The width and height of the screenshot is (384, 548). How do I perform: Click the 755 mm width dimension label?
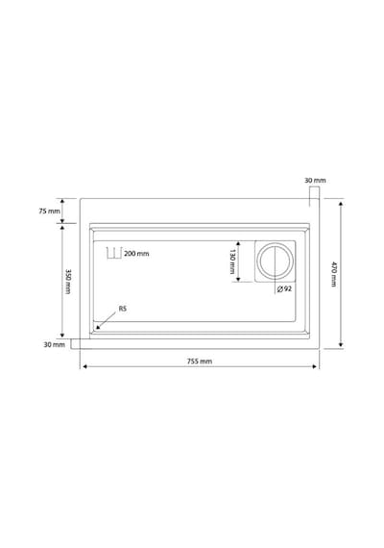coord(200,361)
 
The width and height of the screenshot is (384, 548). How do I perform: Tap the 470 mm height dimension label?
coord(334,274)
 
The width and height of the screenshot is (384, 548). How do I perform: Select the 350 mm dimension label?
coord(68,281)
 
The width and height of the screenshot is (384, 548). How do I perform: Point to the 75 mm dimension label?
coord(49,212)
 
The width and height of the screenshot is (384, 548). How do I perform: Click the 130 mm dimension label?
coord(232,262)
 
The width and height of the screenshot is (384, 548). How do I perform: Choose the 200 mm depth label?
coord(136,254)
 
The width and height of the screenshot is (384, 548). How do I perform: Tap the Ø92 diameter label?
coord(284,289)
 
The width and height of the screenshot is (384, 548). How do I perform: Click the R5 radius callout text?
coord(123,309)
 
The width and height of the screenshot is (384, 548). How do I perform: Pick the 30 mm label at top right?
coord(315,181)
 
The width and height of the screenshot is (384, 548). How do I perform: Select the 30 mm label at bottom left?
coord(54,344)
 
